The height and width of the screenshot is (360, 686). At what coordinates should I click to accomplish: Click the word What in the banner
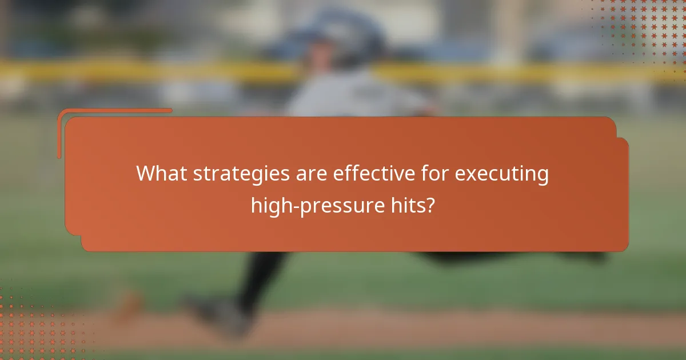tap(161, 174)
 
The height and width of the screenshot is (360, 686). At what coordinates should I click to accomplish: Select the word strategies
tap(241, 174)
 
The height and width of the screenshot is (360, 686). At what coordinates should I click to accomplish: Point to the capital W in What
tap(146, 174)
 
